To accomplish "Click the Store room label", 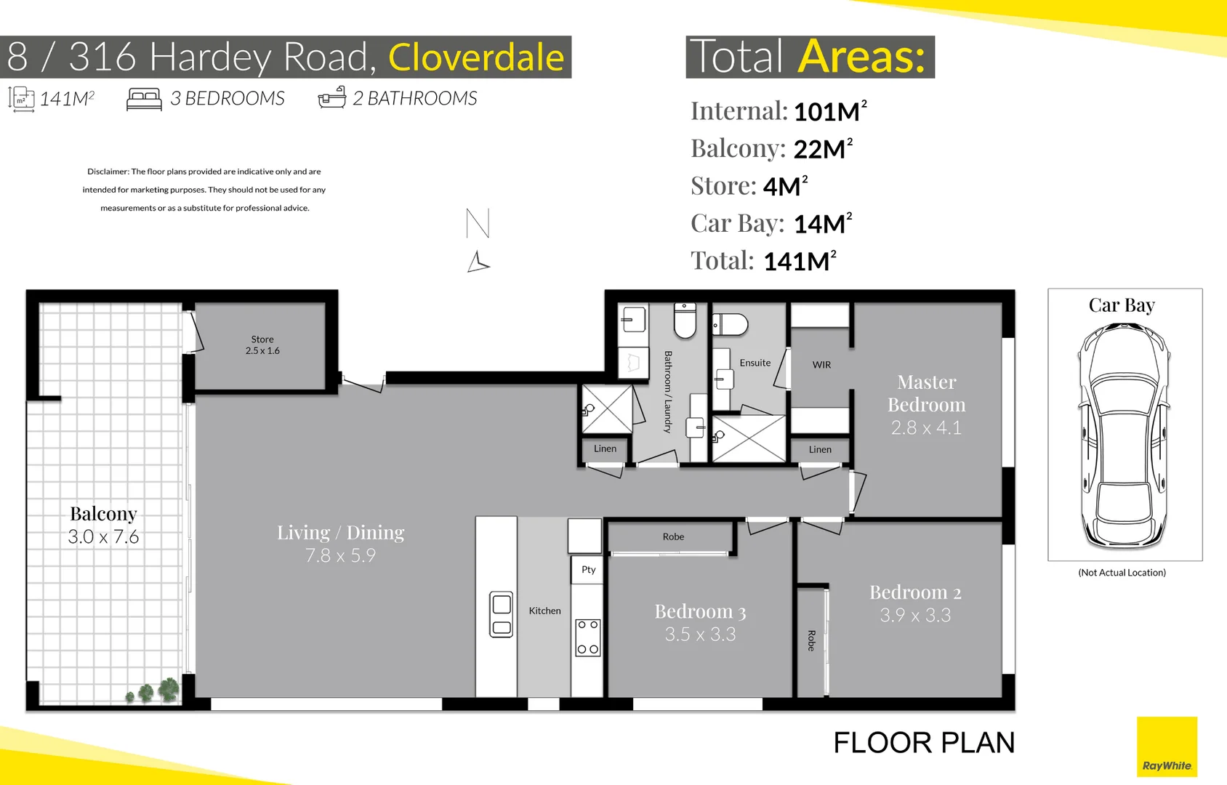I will tap(262, 339).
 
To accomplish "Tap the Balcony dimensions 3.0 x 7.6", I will tap(103, 537).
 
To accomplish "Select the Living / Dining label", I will tap(340, 533).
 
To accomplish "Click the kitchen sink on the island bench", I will tap(502, 615).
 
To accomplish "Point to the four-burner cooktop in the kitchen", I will tap(588, 637).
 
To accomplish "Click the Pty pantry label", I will tap(588, 570).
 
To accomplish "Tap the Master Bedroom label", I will tap(926, 393).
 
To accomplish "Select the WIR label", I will tap(821, 365).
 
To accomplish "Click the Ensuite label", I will tap(755, 363).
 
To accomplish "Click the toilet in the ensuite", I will tap(731, 324).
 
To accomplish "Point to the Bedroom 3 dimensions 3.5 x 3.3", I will tap(700, 635).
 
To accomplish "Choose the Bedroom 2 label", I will tap(915, 592).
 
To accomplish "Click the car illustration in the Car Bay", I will tap(1124, 435).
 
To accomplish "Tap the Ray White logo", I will tap(1167, 747).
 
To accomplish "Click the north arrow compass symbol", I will tap(478, 241).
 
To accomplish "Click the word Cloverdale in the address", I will tap(476, 57).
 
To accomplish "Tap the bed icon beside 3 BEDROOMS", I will tap(144, 99).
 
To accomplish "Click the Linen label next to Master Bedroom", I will tap(820, 449).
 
